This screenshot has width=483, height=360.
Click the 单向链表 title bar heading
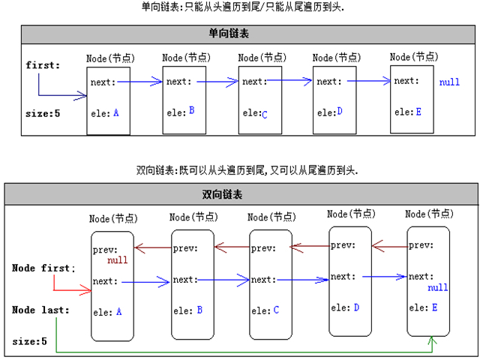242,34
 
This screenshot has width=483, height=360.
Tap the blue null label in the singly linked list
449,82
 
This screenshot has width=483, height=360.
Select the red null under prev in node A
118,260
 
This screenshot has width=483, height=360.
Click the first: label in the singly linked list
43,65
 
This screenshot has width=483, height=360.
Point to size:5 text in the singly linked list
42,114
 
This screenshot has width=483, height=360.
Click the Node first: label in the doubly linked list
43,268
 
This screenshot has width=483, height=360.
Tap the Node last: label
40,310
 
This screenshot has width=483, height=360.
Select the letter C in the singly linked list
265,113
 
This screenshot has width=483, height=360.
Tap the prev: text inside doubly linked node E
421,244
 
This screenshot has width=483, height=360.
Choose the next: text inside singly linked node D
328,82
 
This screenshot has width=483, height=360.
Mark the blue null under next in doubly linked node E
437,287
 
